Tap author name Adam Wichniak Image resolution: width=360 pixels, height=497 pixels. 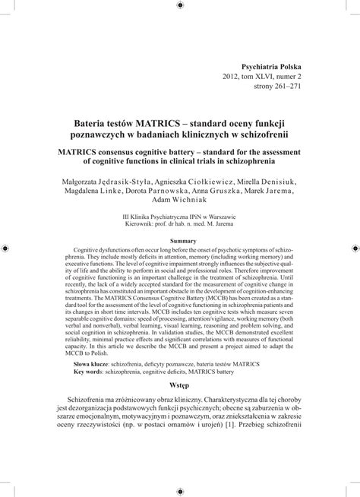(179, 202)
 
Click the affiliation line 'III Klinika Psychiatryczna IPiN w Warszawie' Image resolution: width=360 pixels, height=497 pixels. (180, 217)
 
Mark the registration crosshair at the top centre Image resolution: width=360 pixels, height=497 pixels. (180, 6)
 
